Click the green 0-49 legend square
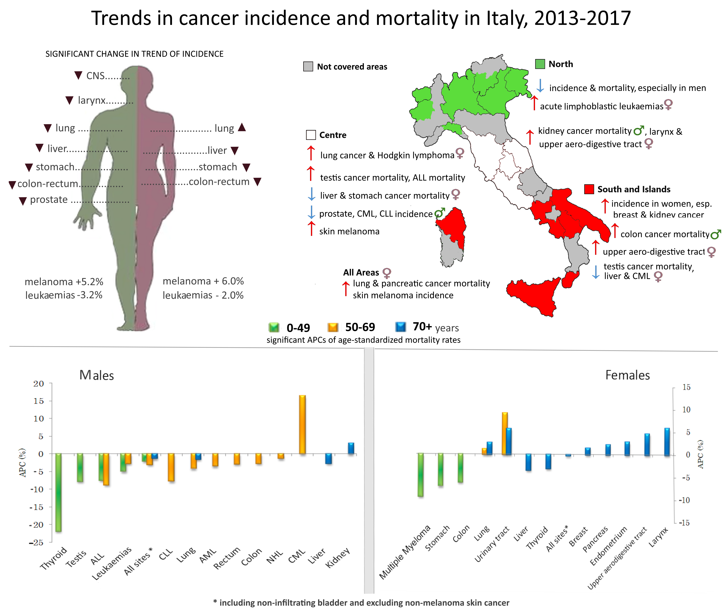coord(274,327)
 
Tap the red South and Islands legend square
coord(589,189)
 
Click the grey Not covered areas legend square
coord(308,66)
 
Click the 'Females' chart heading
coord(627,375)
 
